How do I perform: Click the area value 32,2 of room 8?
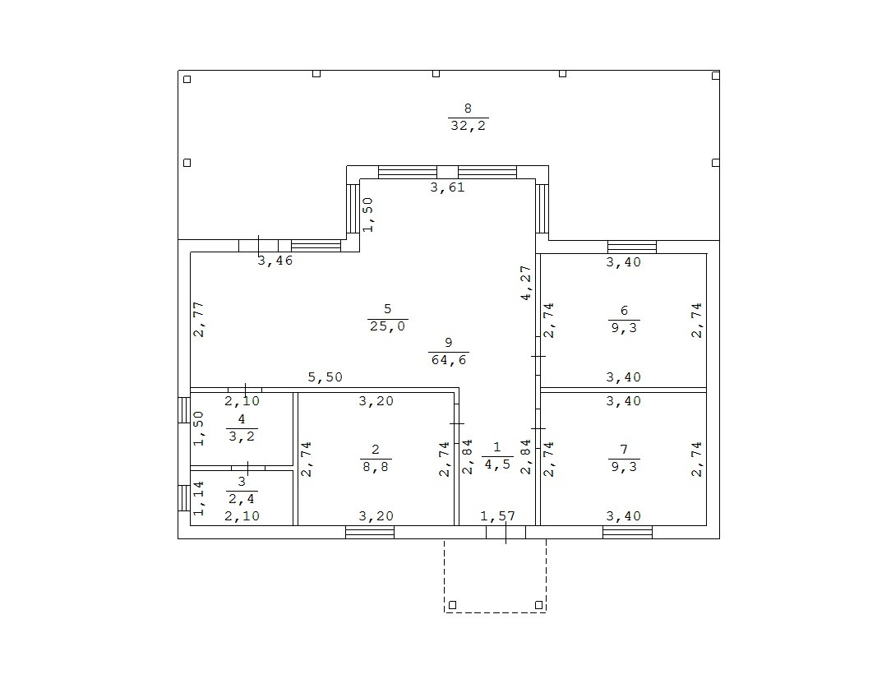coord(469,126)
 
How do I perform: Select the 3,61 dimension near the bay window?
coord(448,187)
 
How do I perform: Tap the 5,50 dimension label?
coord(325,377)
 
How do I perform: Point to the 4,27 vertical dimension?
coord(526,283)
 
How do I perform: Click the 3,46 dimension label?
coord(275,261)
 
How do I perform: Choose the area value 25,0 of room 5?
coord(387,326)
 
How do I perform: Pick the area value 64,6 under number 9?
coord(448,359)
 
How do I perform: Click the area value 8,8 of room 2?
coord(376,466)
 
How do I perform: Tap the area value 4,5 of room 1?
coord(496,464)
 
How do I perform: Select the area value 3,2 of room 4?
coord(242,436)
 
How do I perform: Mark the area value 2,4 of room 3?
coord(242,498)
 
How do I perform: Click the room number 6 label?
coord(624,311)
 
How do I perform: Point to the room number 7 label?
coord(624,450)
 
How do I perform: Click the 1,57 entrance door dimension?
coord(496,516)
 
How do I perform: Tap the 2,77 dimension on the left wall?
coord(199,320)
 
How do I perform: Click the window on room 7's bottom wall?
coord(627,532)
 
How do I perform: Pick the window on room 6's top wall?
coord(632,247)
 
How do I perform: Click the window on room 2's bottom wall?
coord(370,532)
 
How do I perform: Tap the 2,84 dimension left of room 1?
coord(468,458)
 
